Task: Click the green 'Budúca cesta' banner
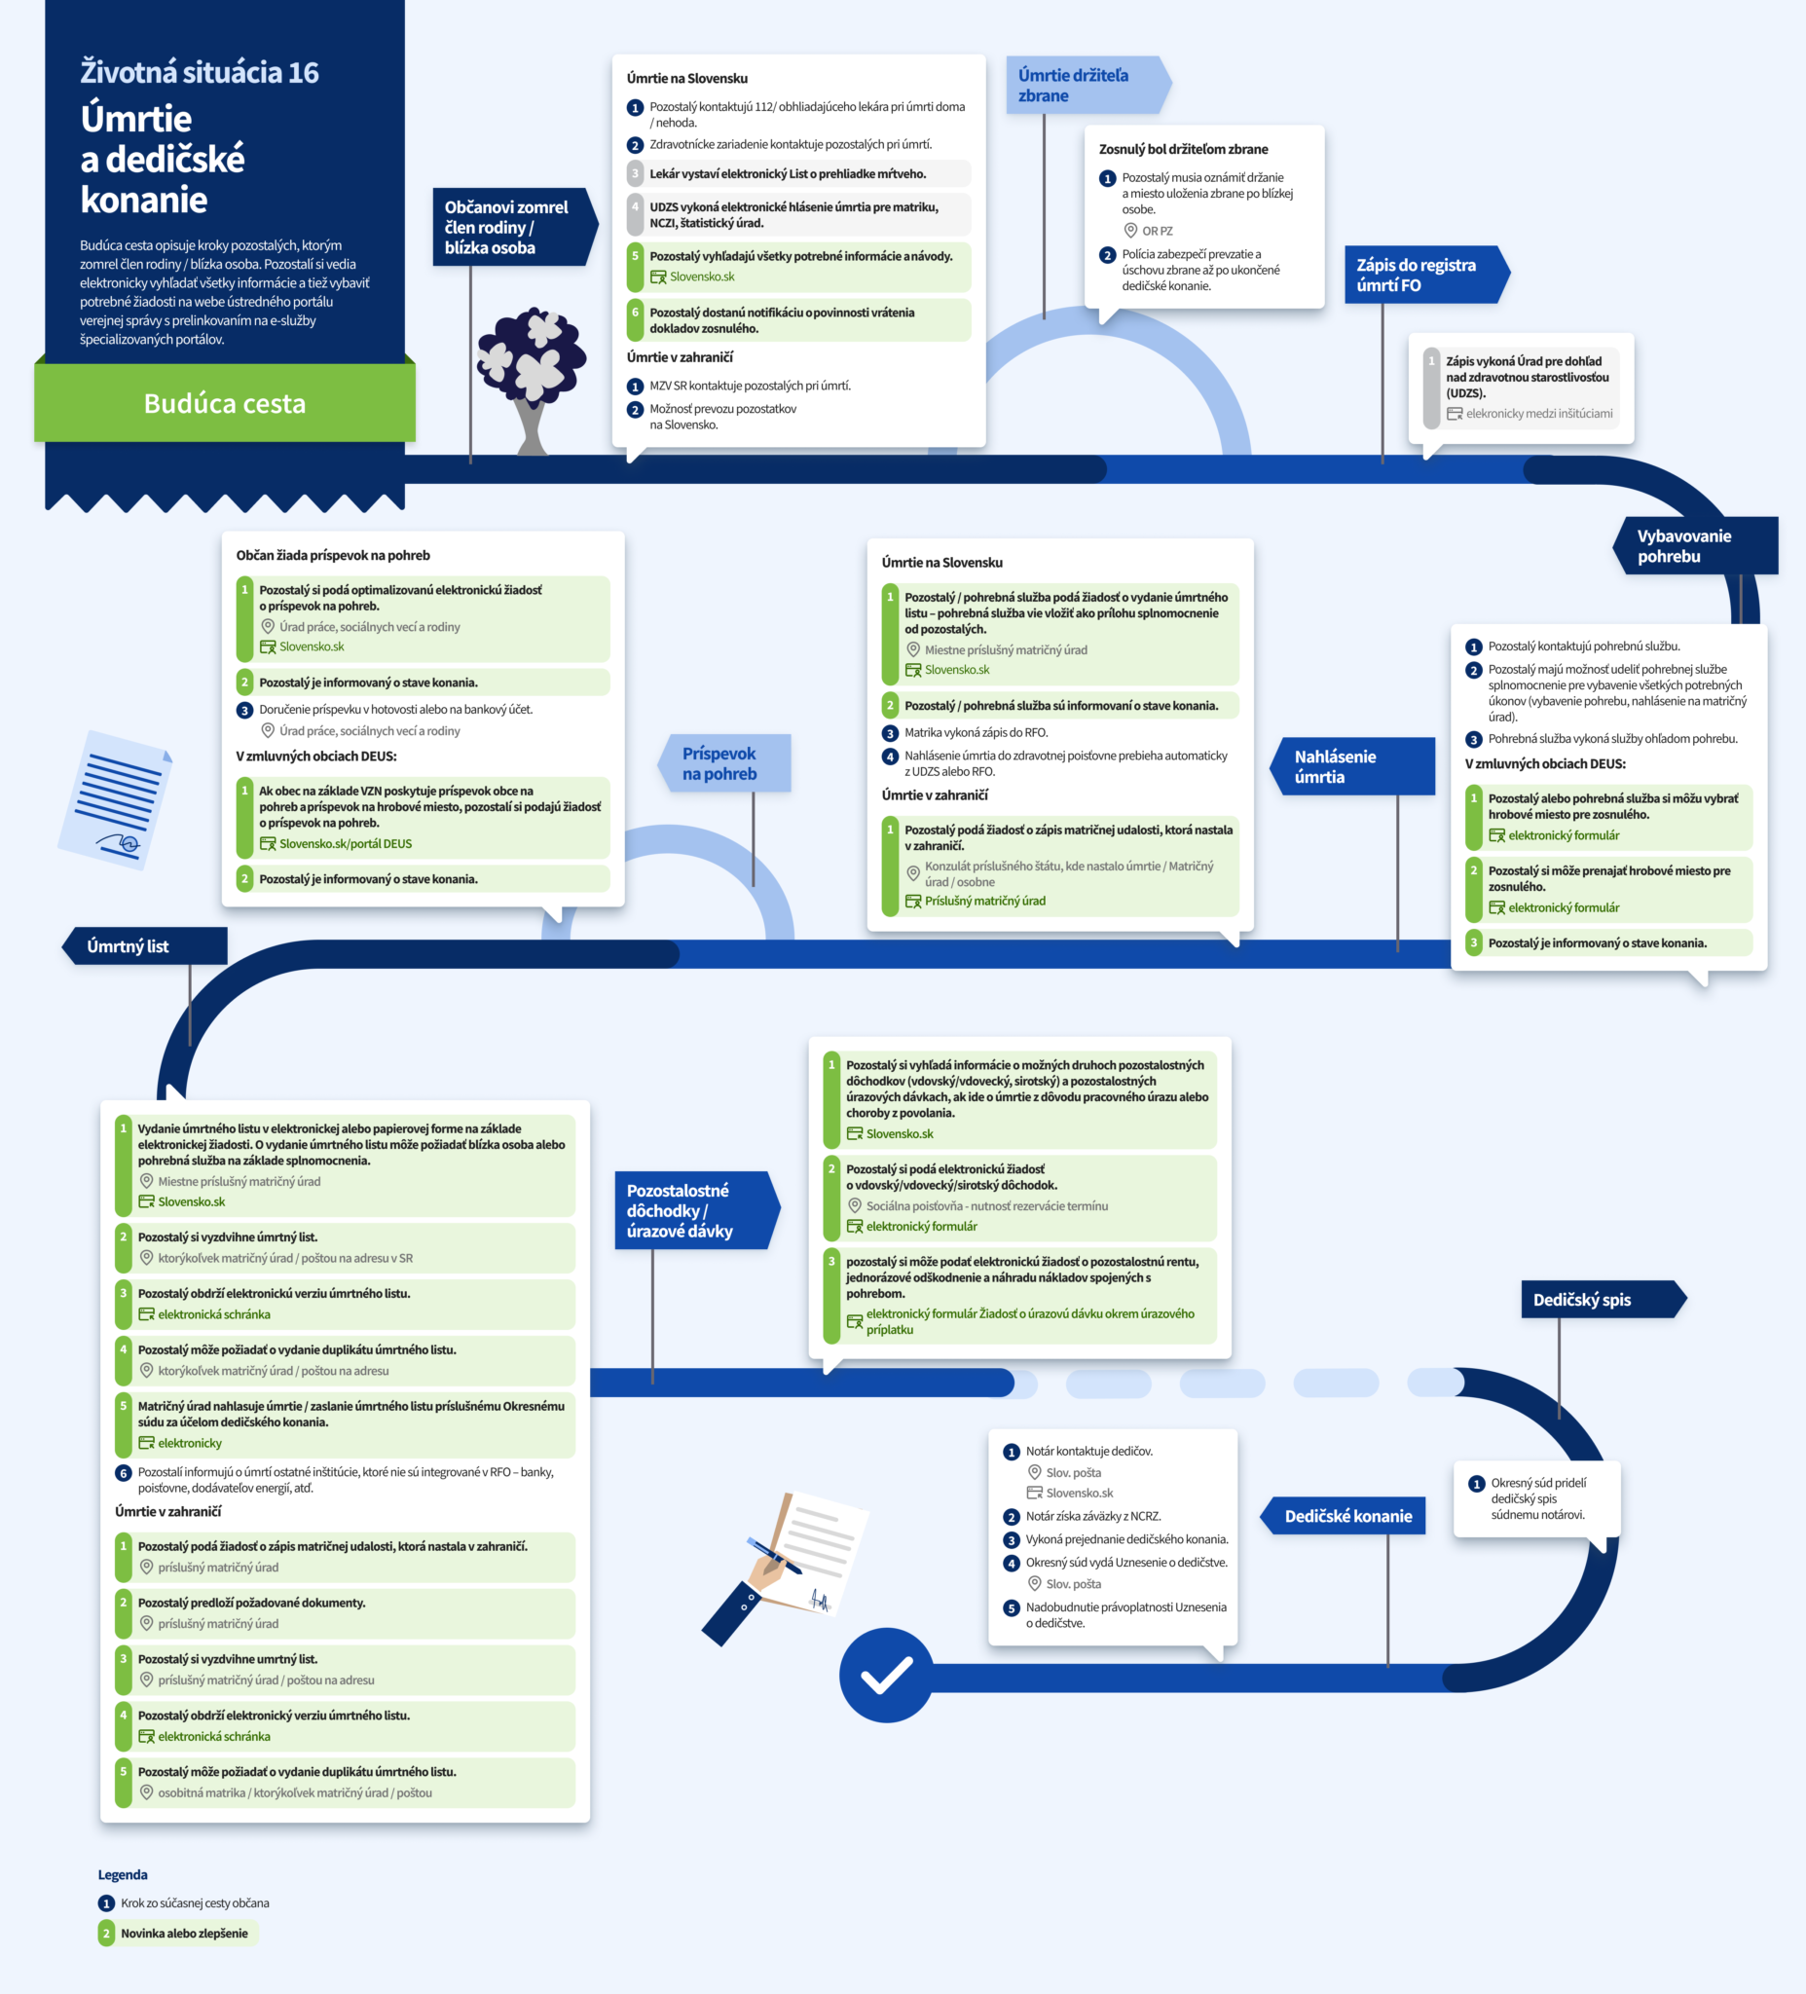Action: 225,402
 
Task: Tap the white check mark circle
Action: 886,1675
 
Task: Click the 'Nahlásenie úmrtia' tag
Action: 1352,766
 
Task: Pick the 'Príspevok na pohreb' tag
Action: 724,763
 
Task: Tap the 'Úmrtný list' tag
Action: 144,945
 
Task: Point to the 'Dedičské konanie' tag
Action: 1344,1516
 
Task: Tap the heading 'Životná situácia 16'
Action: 200,72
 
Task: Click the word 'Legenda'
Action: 123,1874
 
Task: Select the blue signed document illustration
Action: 117,800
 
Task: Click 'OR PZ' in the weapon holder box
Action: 1158,231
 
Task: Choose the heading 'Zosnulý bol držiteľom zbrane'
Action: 1183,149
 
